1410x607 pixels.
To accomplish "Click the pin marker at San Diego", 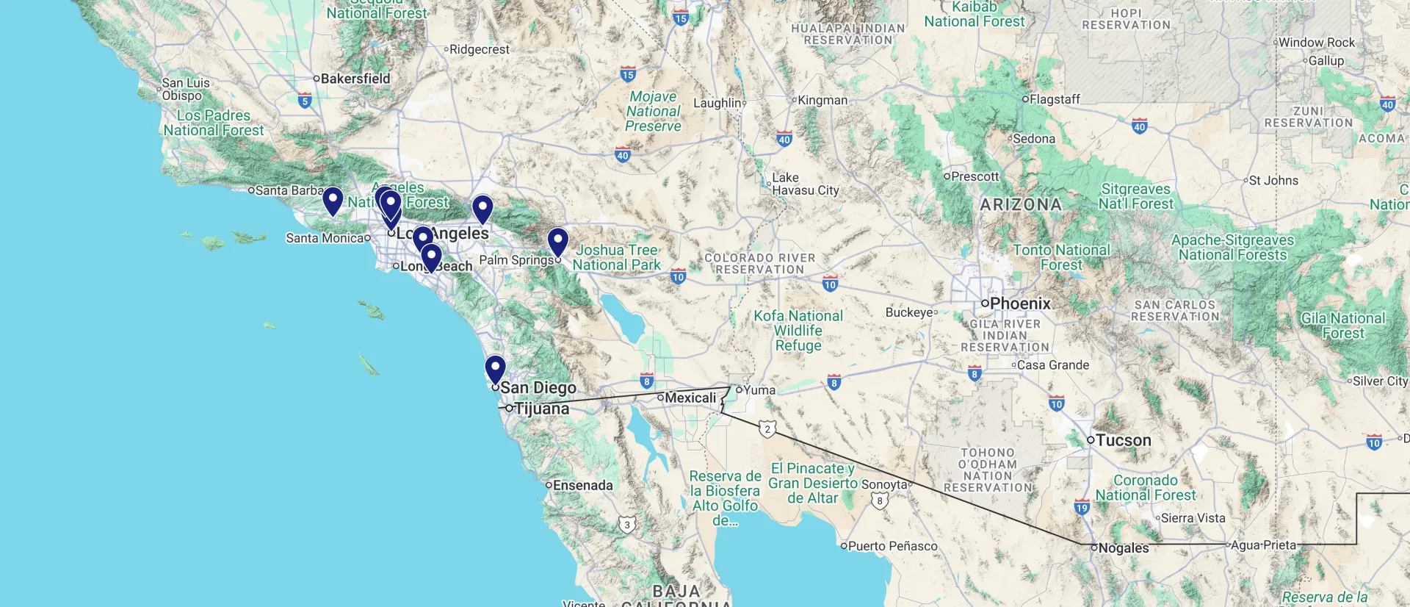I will point(496,368).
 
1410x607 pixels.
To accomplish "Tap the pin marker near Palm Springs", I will point(558,241).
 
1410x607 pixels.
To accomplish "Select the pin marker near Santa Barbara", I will point(333,200).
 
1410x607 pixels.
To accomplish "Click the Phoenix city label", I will point(1020,303).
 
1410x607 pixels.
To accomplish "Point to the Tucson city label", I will point(1123,440).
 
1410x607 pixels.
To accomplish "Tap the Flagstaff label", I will point(1055,99).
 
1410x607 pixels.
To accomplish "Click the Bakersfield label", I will point(355,79).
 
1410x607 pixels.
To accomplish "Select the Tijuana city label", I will point(541,409).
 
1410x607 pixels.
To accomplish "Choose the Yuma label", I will point(759,390).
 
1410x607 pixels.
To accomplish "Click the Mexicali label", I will point(690,398).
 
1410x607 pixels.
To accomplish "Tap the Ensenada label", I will point(582,485).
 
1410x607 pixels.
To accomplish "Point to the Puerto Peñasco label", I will point(892,546).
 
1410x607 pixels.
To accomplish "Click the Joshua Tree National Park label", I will point(616,257).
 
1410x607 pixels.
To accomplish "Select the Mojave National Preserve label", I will point(653,111).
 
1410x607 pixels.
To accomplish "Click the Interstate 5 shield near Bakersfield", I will point(305,101).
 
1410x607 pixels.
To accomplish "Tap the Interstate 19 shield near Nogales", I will point(1082,507).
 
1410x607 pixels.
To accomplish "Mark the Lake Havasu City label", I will point(805,184).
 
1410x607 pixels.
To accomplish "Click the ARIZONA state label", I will point(1021,204).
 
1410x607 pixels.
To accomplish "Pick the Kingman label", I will point(822,100).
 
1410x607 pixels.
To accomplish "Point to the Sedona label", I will point(1034,138).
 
